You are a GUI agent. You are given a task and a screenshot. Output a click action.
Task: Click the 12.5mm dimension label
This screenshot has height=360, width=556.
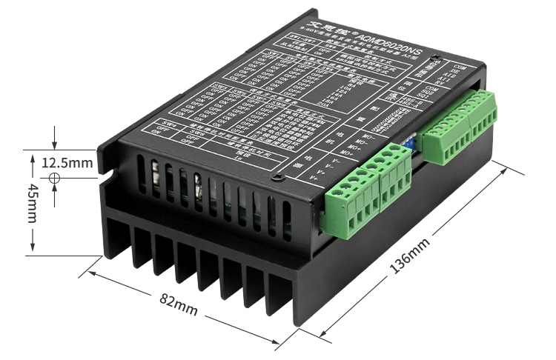[67, 162]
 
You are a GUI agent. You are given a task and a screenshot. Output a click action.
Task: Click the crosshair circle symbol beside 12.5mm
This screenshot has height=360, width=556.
[54, 179]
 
